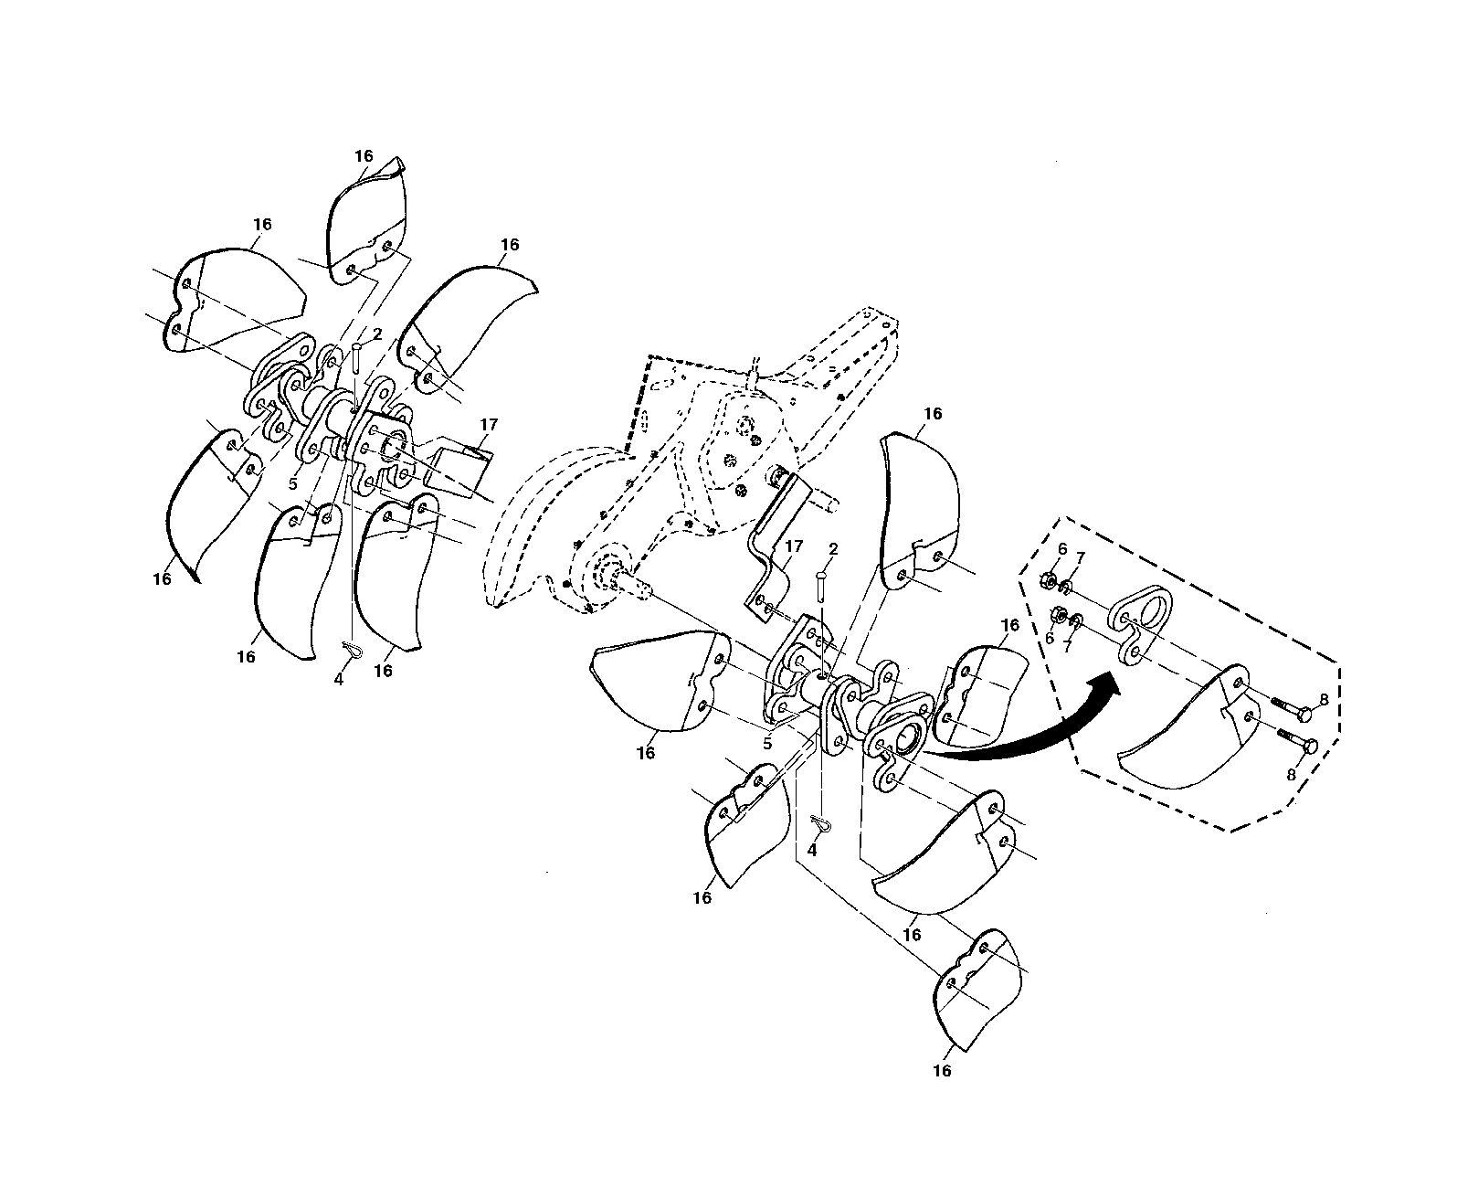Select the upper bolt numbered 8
[x=1291, y=709]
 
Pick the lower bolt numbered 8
[x=1297, y=740]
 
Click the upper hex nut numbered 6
[x=1046, y=581]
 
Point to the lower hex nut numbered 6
[x=1057, y=613]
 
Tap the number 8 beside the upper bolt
[x=1324, y=700]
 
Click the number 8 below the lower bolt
[x=1291, y=775]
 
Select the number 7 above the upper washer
[x=1080, y=558]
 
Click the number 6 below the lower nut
[x=1050, y=639]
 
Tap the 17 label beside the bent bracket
[x=794, y=546]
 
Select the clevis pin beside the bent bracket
[x=821, y=587]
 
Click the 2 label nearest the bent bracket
[x=833, y=548]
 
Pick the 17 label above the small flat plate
[x=489, y=424]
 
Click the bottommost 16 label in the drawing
[x=942, y=1071]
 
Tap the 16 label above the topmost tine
[x=364, y=156]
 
